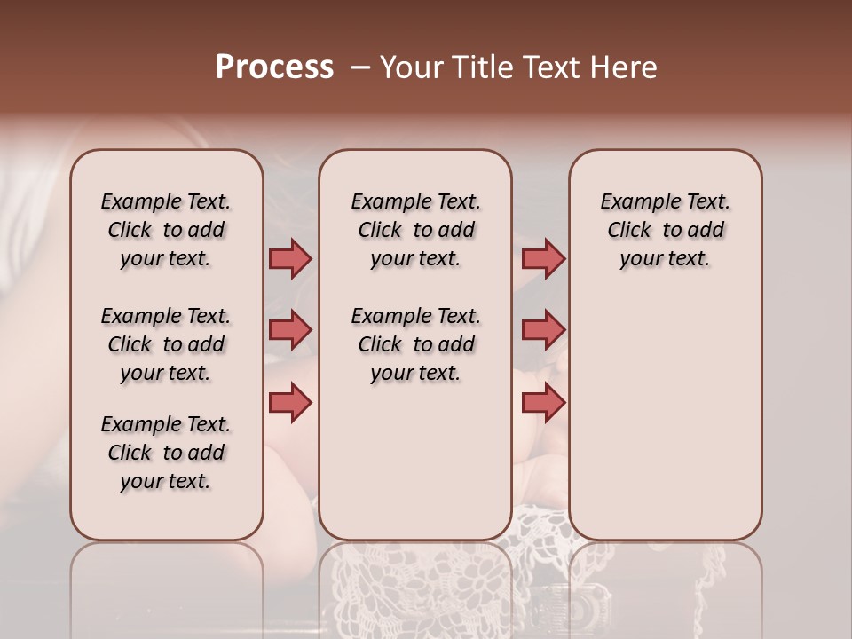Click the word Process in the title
[274, 67]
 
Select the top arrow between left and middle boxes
[290, 258]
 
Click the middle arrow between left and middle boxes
[290, 330]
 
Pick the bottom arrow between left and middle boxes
[290, 401]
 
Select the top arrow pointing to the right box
[543, 258]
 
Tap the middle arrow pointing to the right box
[543, 330]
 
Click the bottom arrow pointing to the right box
[543, 402]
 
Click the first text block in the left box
[166, 230]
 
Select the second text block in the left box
[166, 344]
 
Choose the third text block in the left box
[166, 453]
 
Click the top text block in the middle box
[416, 230]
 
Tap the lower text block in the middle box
[416, 344]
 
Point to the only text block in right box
[666, 230]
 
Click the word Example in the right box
[633, 202]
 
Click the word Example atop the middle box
[383, 202]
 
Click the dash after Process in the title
[359, 67]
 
